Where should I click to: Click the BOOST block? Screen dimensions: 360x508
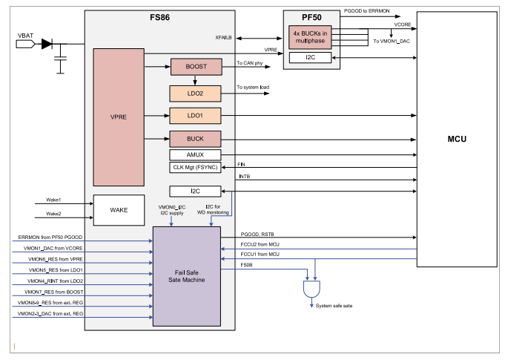click(x=197, y=66)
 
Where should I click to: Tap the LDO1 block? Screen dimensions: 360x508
click(x=197, y=115)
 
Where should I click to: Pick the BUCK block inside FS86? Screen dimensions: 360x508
click(x=197, y=138)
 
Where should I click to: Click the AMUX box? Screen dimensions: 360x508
click(x=197, y=154)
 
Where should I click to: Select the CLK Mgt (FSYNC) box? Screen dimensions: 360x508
click(x=197, y=167)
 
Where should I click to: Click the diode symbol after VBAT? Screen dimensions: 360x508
click(x=47, y=45)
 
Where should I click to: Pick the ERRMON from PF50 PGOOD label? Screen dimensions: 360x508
click(x=47, y=237)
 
